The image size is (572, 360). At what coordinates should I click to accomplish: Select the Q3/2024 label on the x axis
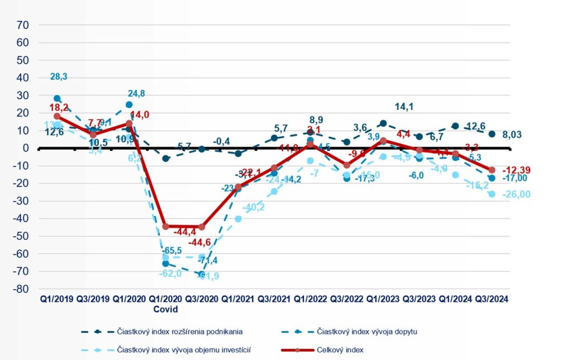[492, 299]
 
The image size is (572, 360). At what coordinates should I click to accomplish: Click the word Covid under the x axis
[165, 309]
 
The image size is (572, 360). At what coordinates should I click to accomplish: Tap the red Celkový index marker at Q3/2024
[492, 170]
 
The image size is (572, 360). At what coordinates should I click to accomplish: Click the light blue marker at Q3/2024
[492, 194]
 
